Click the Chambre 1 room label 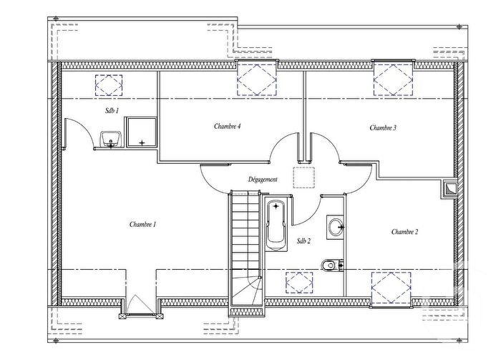point(143,225)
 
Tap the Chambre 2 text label point(404,232)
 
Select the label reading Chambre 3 point(383,128)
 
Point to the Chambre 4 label point(227,126)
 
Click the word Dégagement point(263,180)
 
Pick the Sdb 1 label point(111,111)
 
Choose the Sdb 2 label point(303,241)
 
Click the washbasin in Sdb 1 point(110,138)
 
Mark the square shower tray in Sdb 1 point(142,134)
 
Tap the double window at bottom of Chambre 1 point(140,306)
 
